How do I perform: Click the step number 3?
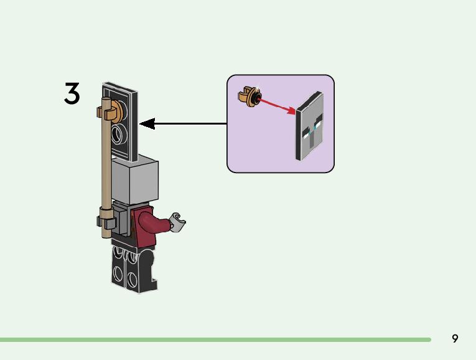click(72, 93)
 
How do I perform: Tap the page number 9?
click(455, 338)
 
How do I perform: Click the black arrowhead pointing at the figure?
click(147, 124)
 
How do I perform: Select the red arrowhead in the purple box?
click(291, 111)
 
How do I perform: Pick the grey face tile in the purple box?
click(310, 126)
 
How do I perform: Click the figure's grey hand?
click(177, 222)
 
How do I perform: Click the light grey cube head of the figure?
click(135, 179)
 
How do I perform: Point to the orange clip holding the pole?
click(114, 111)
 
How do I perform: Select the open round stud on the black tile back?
click(119, 134)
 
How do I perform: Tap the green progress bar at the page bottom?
click(215, 339)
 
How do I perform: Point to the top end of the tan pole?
click(106, 99)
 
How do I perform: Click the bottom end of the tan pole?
click(106, 236)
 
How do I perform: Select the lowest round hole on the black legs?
click(132, 280)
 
